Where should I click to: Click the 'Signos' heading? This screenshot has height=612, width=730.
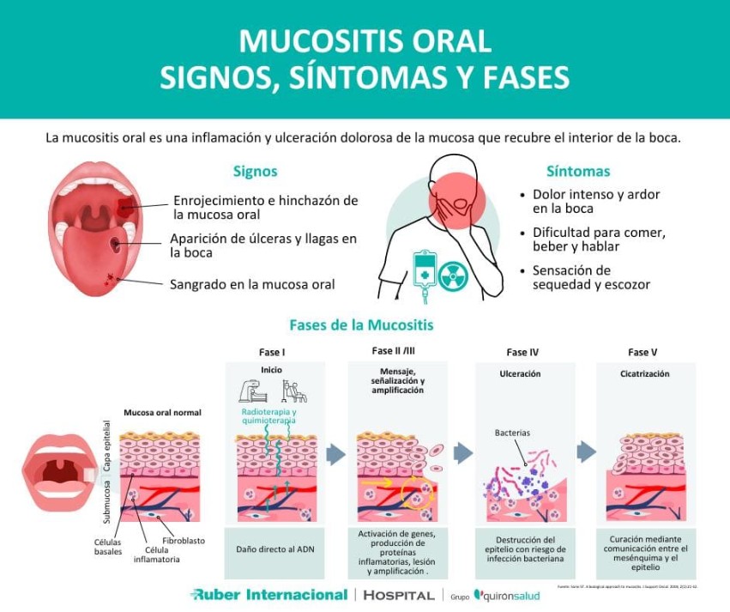255,172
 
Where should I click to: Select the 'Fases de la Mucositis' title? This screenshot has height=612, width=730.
361,325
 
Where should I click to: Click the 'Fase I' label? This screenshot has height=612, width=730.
272,352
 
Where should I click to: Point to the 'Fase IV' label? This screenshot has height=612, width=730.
522,352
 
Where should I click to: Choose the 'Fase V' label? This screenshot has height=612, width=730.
643,352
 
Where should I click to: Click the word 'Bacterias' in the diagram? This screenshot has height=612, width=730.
512,433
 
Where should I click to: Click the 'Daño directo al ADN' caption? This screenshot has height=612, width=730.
274,548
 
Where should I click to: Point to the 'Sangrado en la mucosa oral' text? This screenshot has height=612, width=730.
252,283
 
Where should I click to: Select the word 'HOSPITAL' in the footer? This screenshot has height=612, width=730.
399,595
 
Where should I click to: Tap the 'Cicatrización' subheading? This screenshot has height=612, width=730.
645,374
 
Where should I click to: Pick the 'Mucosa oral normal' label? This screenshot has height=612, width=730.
162,413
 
